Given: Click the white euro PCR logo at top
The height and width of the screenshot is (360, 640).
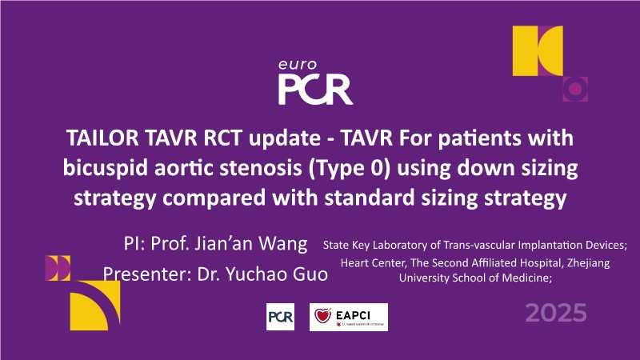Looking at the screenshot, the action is pos(315,82).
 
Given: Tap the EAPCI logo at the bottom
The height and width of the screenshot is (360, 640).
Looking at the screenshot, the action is pos(349,317).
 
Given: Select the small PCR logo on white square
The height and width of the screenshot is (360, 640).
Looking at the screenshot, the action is pos(280,316).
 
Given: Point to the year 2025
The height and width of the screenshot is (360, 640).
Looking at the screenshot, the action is pos(555,313).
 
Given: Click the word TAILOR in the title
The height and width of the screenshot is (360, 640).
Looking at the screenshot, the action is pos(102,138).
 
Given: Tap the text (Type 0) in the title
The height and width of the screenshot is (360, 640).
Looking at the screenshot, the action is pos(350,169).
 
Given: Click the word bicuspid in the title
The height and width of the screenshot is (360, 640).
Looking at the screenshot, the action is pos(106,169).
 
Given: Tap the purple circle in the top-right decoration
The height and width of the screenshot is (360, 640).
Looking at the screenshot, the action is pos(575,89).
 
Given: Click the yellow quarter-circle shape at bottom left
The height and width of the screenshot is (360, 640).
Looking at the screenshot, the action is pos(95,306).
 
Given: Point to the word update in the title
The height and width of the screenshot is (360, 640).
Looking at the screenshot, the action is pos(285,138).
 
